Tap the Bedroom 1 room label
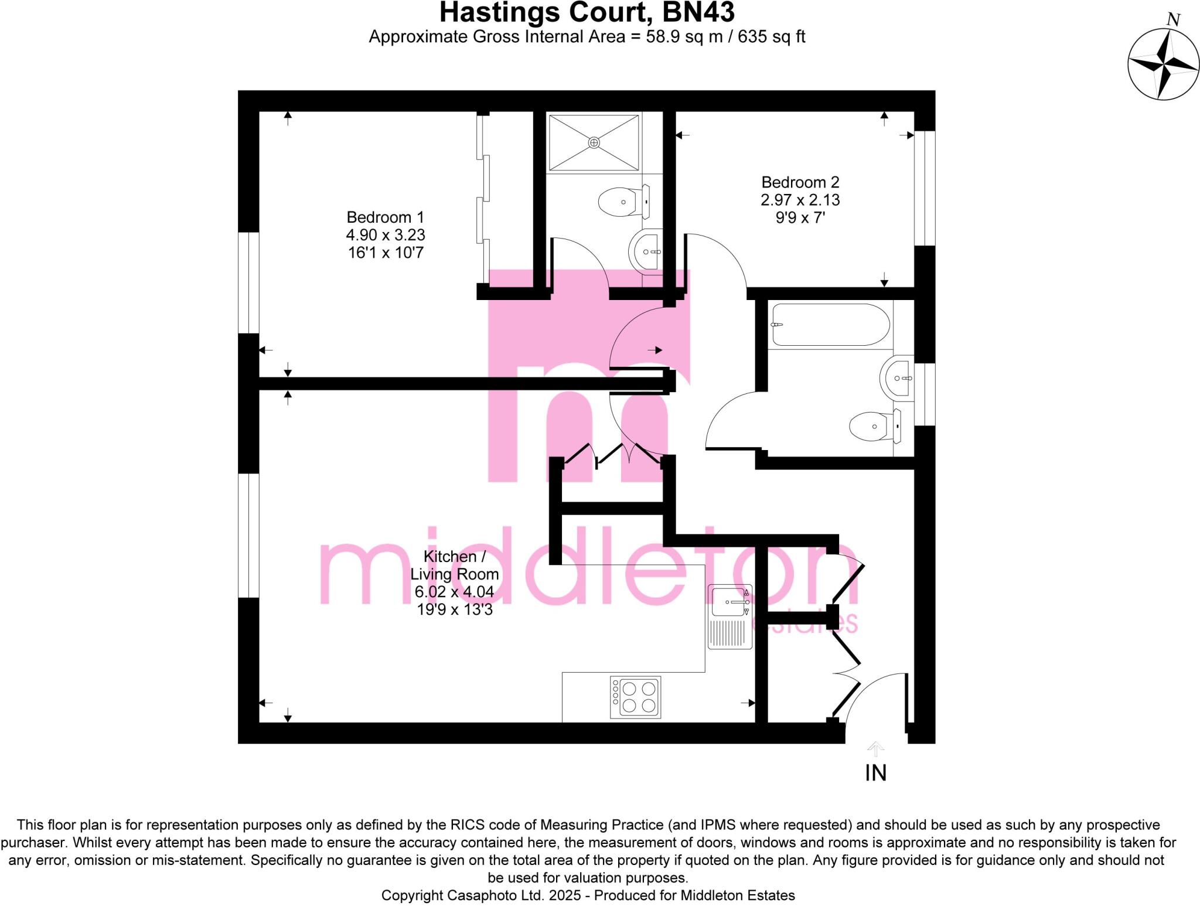click(x=385, y=217)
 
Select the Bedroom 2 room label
click(x=800, y=182)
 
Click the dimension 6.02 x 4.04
click(x=454, y=592)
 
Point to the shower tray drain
click(x=594, y=142)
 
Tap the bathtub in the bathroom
click(x=830, y=325)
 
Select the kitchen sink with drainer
click(x=730, y=617)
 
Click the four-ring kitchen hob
click(x=636, y=697)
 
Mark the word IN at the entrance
click(x=875, y=774)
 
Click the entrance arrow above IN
click(x=875, y=749)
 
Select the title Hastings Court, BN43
click(x=587, y=12)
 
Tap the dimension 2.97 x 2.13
click(x=800, y=200)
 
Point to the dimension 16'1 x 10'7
click(x=385, y=253)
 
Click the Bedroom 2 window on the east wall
click(x=925, y=188)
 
